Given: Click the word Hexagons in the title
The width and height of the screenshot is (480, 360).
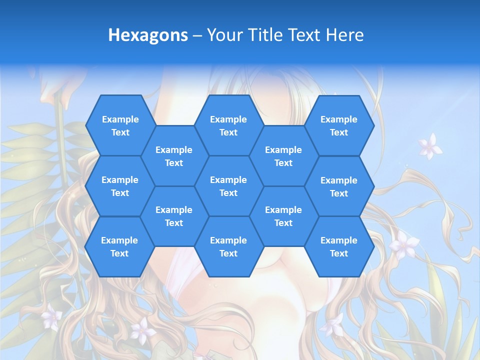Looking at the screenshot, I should coord(148,35).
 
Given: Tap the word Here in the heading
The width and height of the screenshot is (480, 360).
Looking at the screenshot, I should coord(344,35).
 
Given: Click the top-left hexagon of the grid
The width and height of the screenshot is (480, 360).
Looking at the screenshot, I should coord(120,125).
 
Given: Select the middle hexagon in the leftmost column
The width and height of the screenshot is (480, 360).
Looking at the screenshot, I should coord(120,186).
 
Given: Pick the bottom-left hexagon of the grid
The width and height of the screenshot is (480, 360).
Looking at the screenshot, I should coord(119,246).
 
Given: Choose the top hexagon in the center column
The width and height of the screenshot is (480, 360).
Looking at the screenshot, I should coord(228,125).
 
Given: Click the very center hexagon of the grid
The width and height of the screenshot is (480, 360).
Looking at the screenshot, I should coord(228,186).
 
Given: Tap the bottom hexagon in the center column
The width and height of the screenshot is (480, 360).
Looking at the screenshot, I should coord(228,246).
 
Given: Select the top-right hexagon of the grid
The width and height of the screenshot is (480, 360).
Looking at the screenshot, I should coord(339,125).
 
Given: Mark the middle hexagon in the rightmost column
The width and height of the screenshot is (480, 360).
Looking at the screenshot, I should coord(339,186).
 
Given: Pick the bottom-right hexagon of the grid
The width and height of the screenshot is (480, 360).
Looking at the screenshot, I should coord(339,246).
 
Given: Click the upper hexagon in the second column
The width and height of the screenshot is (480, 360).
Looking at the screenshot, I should coord(174,156).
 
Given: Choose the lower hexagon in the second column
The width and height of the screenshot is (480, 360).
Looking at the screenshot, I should coord(174,216).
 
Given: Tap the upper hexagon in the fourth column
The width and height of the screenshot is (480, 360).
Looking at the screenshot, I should coord(283,156).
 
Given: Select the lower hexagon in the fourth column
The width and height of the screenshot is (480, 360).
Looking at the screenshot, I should coord(283,216).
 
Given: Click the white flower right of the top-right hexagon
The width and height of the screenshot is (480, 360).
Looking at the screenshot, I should coord(429,146).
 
